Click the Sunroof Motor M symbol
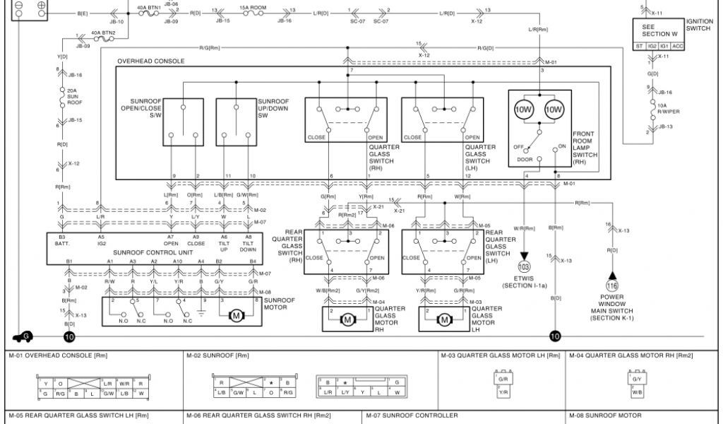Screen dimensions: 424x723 click(237, 315)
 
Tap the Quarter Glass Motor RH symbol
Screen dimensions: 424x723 click(347, 321)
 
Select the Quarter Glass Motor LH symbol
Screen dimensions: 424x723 click(443, 321)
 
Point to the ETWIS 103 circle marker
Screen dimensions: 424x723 click(524, 267)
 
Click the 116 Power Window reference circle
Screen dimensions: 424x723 click(611, 286)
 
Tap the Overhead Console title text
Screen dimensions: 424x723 click(151, 61)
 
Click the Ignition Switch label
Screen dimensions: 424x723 click(700, 26)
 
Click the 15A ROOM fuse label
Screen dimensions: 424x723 click(253, 8)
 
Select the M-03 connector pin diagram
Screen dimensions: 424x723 click(503, 383)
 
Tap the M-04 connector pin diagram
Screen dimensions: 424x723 click(637, 384)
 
